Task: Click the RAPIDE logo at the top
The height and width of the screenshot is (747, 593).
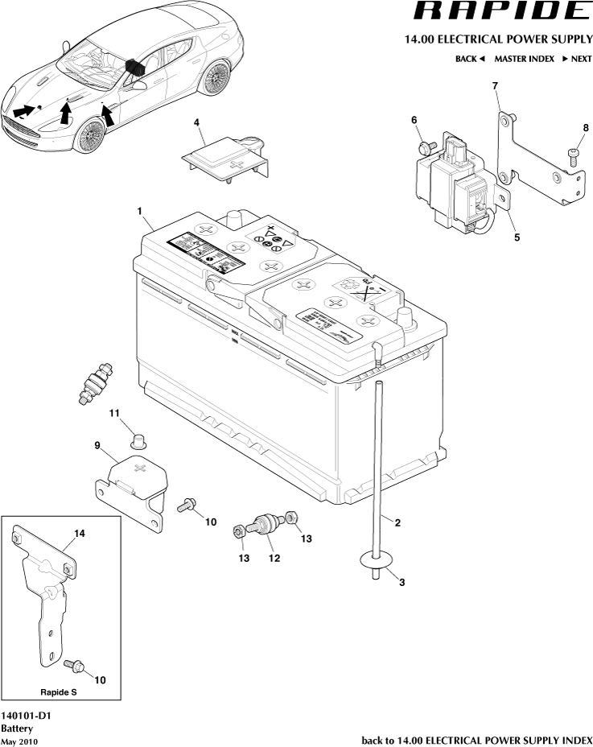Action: pyautogui.click(x=500, y=11)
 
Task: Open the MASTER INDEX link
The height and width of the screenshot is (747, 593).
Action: pyautogui.click(x=524, y=59)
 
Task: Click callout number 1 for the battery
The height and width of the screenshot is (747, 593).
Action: pyautogui.click(x=140, y=211)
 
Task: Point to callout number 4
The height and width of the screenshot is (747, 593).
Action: pyautogui.click(x=196, y=122)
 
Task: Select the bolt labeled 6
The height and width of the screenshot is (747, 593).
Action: pyautogui.click(x=426, y=147)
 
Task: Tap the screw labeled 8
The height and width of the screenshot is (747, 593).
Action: pyautogui.click(x=574, y=154)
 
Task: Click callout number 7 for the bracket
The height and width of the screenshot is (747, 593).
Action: pyautogui.click(x=495, y=85)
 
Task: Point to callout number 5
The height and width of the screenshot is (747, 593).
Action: pyautogui.click(x=517, y=237)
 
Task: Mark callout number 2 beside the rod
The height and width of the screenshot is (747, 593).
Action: pyautogui.click(x=397, y=522)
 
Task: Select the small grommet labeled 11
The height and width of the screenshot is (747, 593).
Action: pyautogui.click(x=141, y=440)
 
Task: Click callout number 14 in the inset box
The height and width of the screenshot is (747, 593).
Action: pyautogui.click(x=79, y=533)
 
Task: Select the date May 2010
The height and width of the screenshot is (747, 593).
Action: pyautogui.click(x=19, y=741)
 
